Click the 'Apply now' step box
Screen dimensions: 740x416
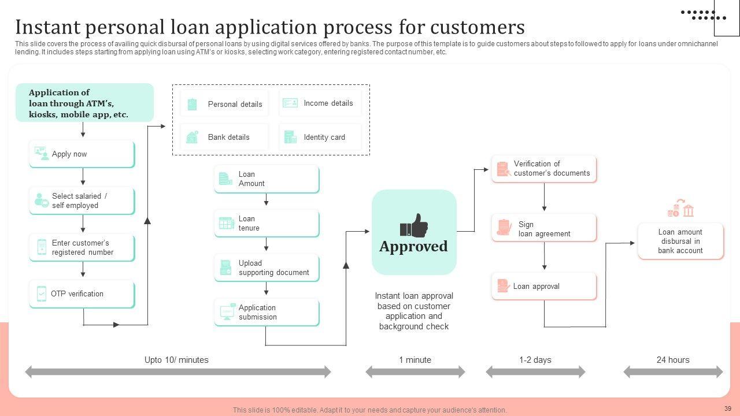pyautogui.click(x=82, y=154)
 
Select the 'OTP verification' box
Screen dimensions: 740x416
pyautogui.click(x=82, y=294)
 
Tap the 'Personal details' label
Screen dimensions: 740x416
pyautogui.click(x=235, y=105)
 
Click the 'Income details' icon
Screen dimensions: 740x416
pyautogui.click(x=290, y=103)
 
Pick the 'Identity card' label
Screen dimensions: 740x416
pyautogui.click(x=324, y=137)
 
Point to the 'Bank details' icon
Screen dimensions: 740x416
pyautogui.click(x=193, y=137)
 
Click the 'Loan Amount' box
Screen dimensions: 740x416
pyautogui.click(x=267, y=179)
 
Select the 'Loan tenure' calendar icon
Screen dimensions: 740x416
pyautogui.click(x=227, y=224)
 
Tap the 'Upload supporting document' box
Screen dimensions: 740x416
pyautogui.click(x=267, y=268)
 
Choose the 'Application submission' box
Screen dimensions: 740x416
pyautogui.click(x=267, y=313)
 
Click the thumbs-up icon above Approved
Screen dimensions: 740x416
pyautogui.click(x=413, y=225)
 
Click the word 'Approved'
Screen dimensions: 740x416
pyautogui.click(x=413, y=247)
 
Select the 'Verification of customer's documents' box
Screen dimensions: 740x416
pyautogui.click(x=544, y=169)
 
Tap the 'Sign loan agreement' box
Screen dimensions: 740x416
pyautogui.click(x=544, y=228)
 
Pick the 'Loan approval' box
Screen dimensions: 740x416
pyautogui.click(x=544, y=287)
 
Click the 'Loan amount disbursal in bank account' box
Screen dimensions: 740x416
pyautogui.click(x=680, y=242)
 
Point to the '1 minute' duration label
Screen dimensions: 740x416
pyautogui.click(x=415, y=360)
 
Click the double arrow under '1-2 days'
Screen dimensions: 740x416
pyautogui.click(x=535, y=372)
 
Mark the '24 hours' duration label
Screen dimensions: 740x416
pyautogui.click(x=673, y=360)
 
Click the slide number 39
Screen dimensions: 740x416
pyautogui.click(x=728, y=408)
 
